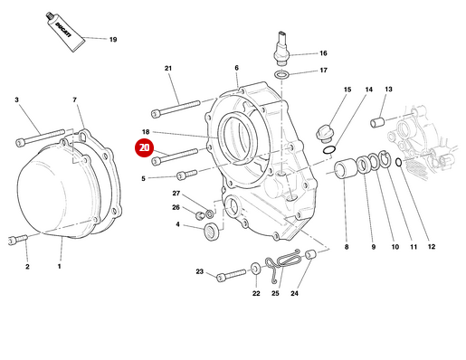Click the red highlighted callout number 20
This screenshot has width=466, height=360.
pos(144,148)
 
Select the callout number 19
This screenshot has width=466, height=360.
pos(113,40)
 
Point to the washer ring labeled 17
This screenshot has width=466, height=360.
pos(282,71)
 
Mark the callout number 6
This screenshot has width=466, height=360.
pos(236,69)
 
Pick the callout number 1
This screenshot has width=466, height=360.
pos(60,267)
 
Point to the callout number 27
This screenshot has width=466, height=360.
pos(176,194)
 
